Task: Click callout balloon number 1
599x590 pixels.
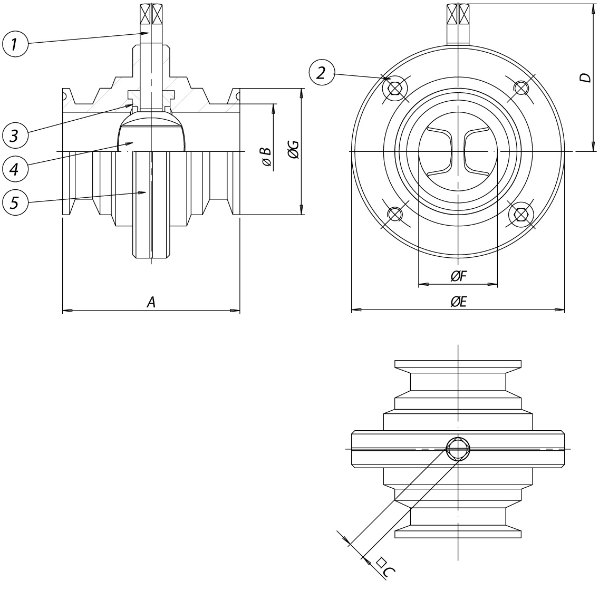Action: [x=15, y=44]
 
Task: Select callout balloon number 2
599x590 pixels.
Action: [x=322, y=72]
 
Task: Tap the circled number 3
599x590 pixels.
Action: [x=15, y=135]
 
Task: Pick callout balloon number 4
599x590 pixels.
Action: [x=15, y=168]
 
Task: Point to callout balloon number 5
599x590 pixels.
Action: [x=15, y=202]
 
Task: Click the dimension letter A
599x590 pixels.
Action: [x=152, y=302]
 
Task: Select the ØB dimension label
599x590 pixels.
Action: [x=267, y=156]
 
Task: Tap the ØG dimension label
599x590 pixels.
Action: [x=293, y=150]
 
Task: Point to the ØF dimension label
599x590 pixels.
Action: [x=459, y=276]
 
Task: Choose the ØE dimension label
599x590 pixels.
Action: [x=459, y=302]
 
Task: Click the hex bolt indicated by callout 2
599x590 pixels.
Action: [x=395, y=89]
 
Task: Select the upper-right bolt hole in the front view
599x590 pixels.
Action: [x=520, y=88]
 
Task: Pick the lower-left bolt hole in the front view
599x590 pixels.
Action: [x=394, y=214]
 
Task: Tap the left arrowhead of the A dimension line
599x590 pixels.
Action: [x=67, y=311]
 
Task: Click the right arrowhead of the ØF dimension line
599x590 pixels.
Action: [x=492, y=284]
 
